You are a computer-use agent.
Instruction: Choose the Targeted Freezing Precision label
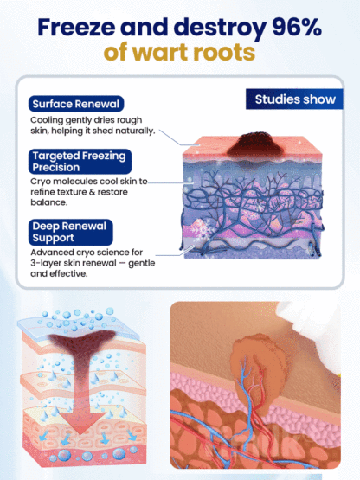(x=79, y=161)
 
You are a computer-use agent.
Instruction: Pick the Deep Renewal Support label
(x=71, y=231)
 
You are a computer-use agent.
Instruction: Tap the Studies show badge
(x=294, y=99)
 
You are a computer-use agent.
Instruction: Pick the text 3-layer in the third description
(x=47, y=262)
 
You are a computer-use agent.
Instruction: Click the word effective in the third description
(x=73, y=272)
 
